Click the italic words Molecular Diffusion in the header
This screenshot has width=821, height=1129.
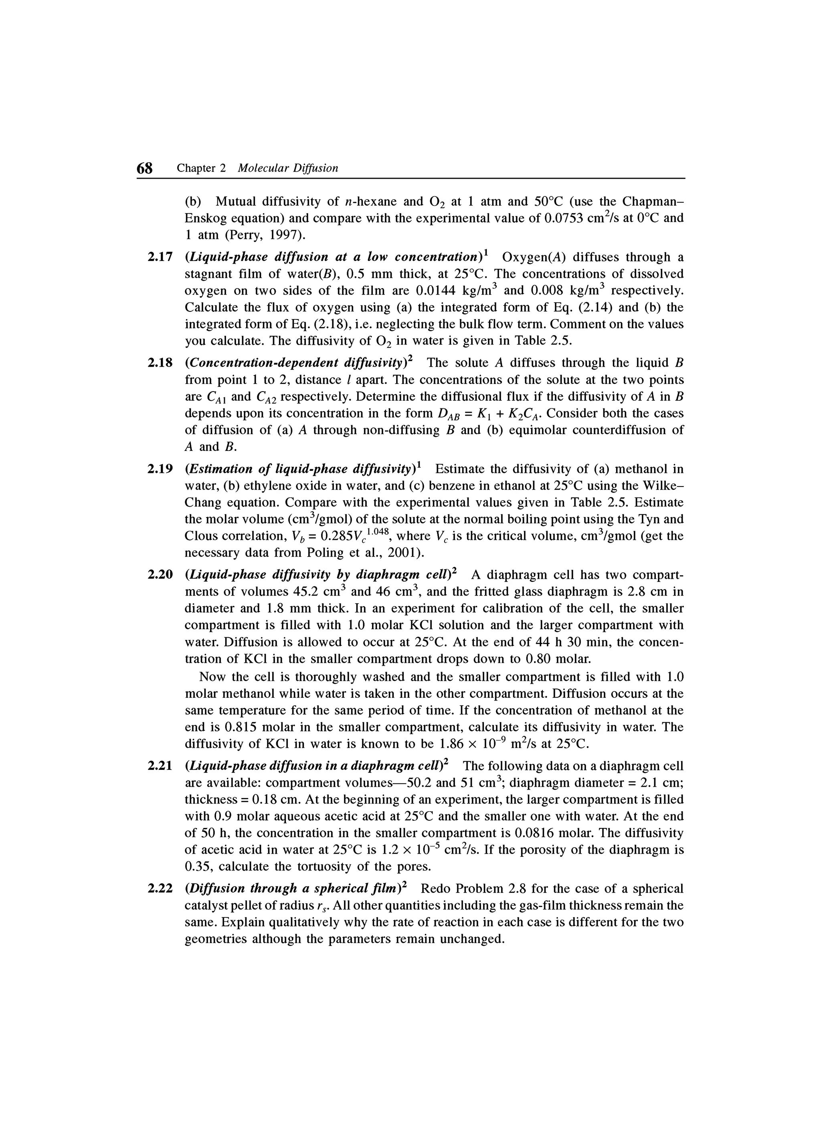pos(288,168)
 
